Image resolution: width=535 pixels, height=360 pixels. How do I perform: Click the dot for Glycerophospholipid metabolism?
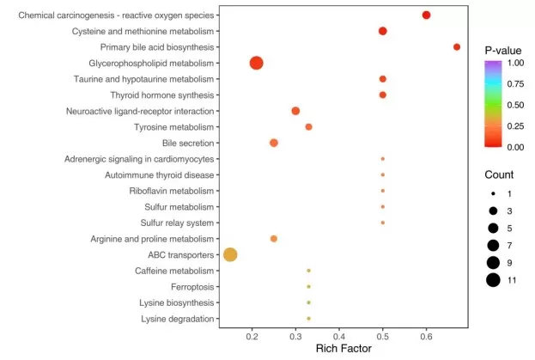point(256,63)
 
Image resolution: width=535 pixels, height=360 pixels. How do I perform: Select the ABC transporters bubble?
point(230,254)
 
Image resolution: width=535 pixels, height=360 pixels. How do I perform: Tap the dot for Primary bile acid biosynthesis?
point(457,47)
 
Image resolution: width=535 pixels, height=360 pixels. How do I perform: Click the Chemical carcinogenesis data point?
point(427,15)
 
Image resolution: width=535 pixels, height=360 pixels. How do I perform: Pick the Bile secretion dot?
point(274,143)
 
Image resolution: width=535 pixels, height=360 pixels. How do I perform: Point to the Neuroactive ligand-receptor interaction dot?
point(295,111)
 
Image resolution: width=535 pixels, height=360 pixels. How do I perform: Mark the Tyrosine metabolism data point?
point(309,127)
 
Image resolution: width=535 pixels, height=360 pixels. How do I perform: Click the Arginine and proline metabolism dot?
point(274,239)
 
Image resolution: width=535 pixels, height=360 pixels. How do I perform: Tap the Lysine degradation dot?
point(309,319)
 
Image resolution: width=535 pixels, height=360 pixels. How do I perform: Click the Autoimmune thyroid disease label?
point(159,175)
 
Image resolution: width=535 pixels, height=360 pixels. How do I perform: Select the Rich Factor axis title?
point(343,349)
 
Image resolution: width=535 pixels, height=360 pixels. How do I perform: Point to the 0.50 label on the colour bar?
point(515,105)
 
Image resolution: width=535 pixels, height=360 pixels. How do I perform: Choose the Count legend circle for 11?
point(492,279)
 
